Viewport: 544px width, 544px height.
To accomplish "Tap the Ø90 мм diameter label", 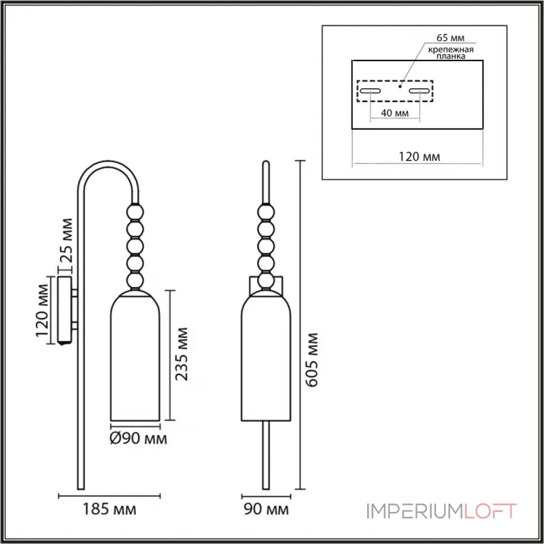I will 137,439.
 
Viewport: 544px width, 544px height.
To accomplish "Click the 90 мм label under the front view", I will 266,509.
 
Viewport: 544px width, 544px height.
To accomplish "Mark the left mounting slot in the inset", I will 371,92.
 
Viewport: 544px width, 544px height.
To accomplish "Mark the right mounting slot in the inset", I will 419,92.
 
